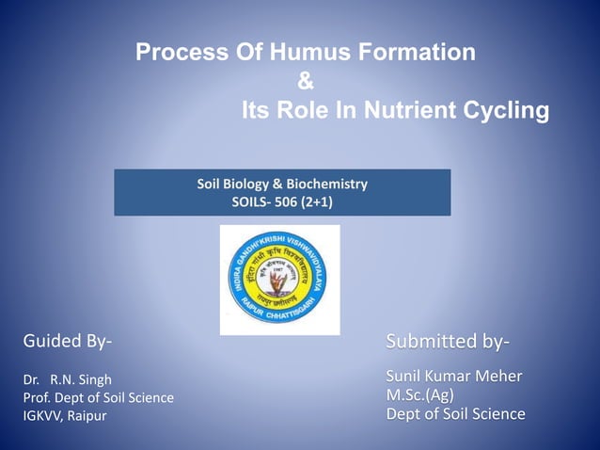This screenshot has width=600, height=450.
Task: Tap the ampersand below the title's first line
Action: click(306, 83)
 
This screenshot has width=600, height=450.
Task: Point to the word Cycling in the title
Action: click(507, 112)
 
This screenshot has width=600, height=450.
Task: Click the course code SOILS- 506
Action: click(265, 201)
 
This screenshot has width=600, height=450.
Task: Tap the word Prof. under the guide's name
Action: click(38, 397)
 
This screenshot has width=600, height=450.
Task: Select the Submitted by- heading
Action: click(449, 340)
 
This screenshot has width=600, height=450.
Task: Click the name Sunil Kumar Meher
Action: click(454, 378)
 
